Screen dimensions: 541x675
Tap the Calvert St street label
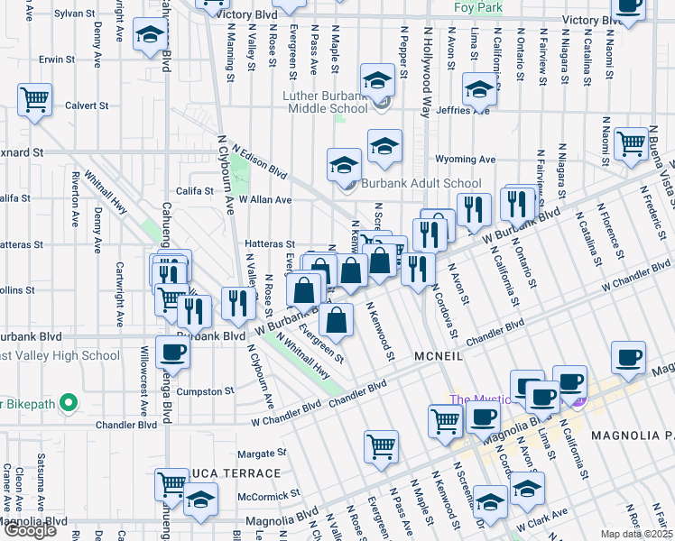86,105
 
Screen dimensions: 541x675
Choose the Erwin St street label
57,60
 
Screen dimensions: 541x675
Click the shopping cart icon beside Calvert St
34,100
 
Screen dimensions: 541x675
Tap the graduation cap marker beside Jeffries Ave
479,90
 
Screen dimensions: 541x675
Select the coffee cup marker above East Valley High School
173,353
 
